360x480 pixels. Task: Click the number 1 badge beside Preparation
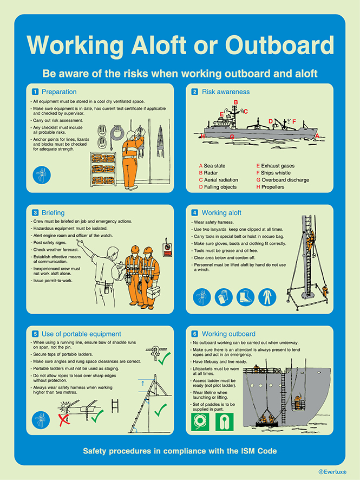(x=35, y=92)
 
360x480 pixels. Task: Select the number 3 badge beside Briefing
(x=35, y=212)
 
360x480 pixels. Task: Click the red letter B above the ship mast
(x=235, y=102)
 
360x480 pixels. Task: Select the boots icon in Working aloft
(x=245, y=296)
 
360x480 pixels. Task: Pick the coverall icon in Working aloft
(x=266, y=296)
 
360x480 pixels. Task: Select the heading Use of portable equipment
(x=77, y=334)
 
